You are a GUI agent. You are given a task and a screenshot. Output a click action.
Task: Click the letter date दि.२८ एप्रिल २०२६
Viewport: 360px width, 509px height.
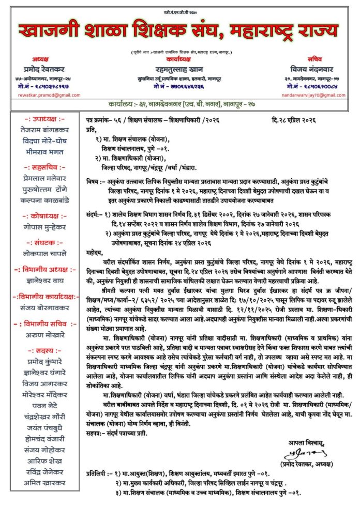point(297,120)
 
